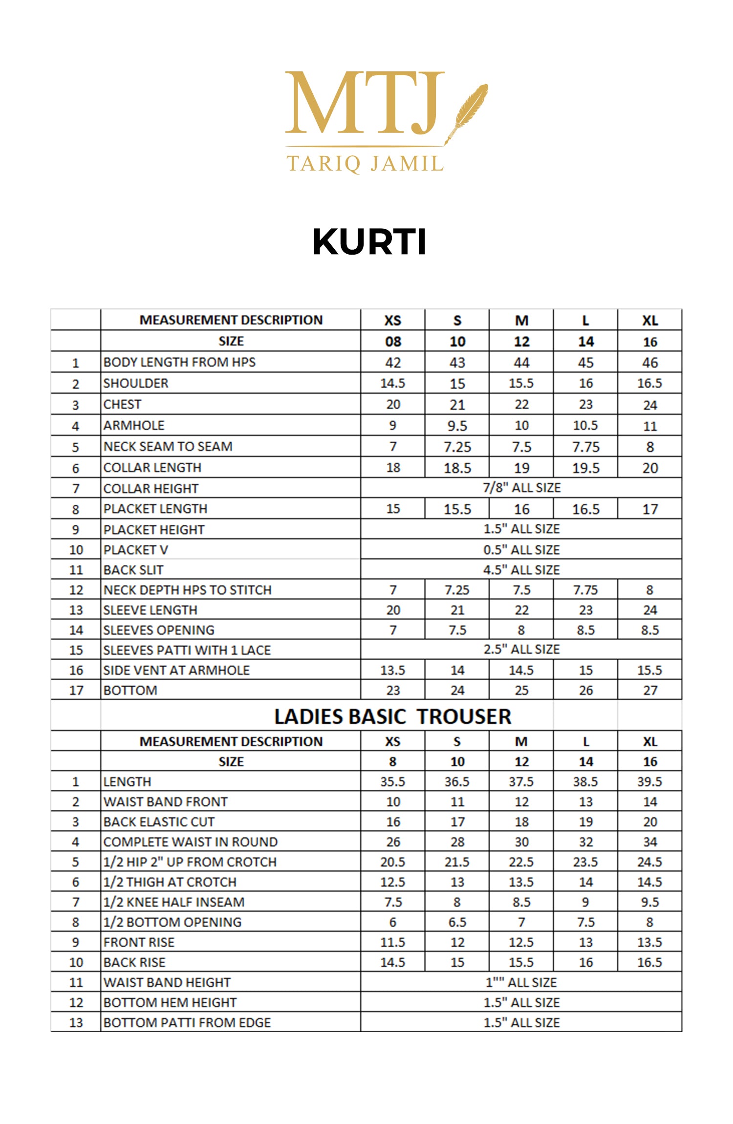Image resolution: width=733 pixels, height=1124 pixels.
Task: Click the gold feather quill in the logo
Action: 469,111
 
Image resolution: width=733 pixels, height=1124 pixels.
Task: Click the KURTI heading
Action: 369,242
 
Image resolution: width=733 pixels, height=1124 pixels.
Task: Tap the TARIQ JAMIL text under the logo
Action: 365,164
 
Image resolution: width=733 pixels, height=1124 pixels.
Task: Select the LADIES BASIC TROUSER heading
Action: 392,716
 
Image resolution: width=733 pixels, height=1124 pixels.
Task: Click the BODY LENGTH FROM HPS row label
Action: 179,362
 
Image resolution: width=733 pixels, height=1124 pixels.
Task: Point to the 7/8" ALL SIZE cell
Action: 521,488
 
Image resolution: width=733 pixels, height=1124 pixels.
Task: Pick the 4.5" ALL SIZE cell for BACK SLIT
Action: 521,570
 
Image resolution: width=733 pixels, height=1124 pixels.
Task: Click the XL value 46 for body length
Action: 649,363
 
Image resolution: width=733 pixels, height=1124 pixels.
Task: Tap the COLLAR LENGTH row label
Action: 152,468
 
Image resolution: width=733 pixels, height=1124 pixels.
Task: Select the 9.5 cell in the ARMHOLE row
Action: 457,426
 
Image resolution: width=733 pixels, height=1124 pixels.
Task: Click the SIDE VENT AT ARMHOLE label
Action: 176,670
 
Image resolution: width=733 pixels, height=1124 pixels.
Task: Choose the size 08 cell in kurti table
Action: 393,342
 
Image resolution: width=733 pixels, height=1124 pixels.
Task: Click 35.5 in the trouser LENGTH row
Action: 393,781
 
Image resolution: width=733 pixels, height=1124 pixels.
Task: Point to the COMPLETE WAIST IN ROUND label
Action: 190,842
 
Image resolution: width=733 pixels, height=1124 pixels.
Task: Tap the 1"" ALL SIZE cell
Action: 521,982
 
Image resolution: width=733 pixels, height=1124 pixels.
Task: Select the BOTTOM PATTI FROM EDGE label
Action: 187,1022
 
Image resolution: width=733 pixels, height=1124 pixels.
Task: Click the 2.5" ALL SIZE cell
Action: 521,649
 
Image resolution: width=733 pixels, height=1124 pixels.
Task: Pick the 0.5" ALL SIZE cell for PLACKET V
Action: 521,550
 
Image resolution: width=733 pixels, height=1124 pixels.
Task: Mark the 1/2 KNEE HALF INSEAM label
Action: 173,902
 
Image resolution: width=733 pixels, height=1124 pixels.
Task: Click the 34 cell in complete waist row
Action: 649,842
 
